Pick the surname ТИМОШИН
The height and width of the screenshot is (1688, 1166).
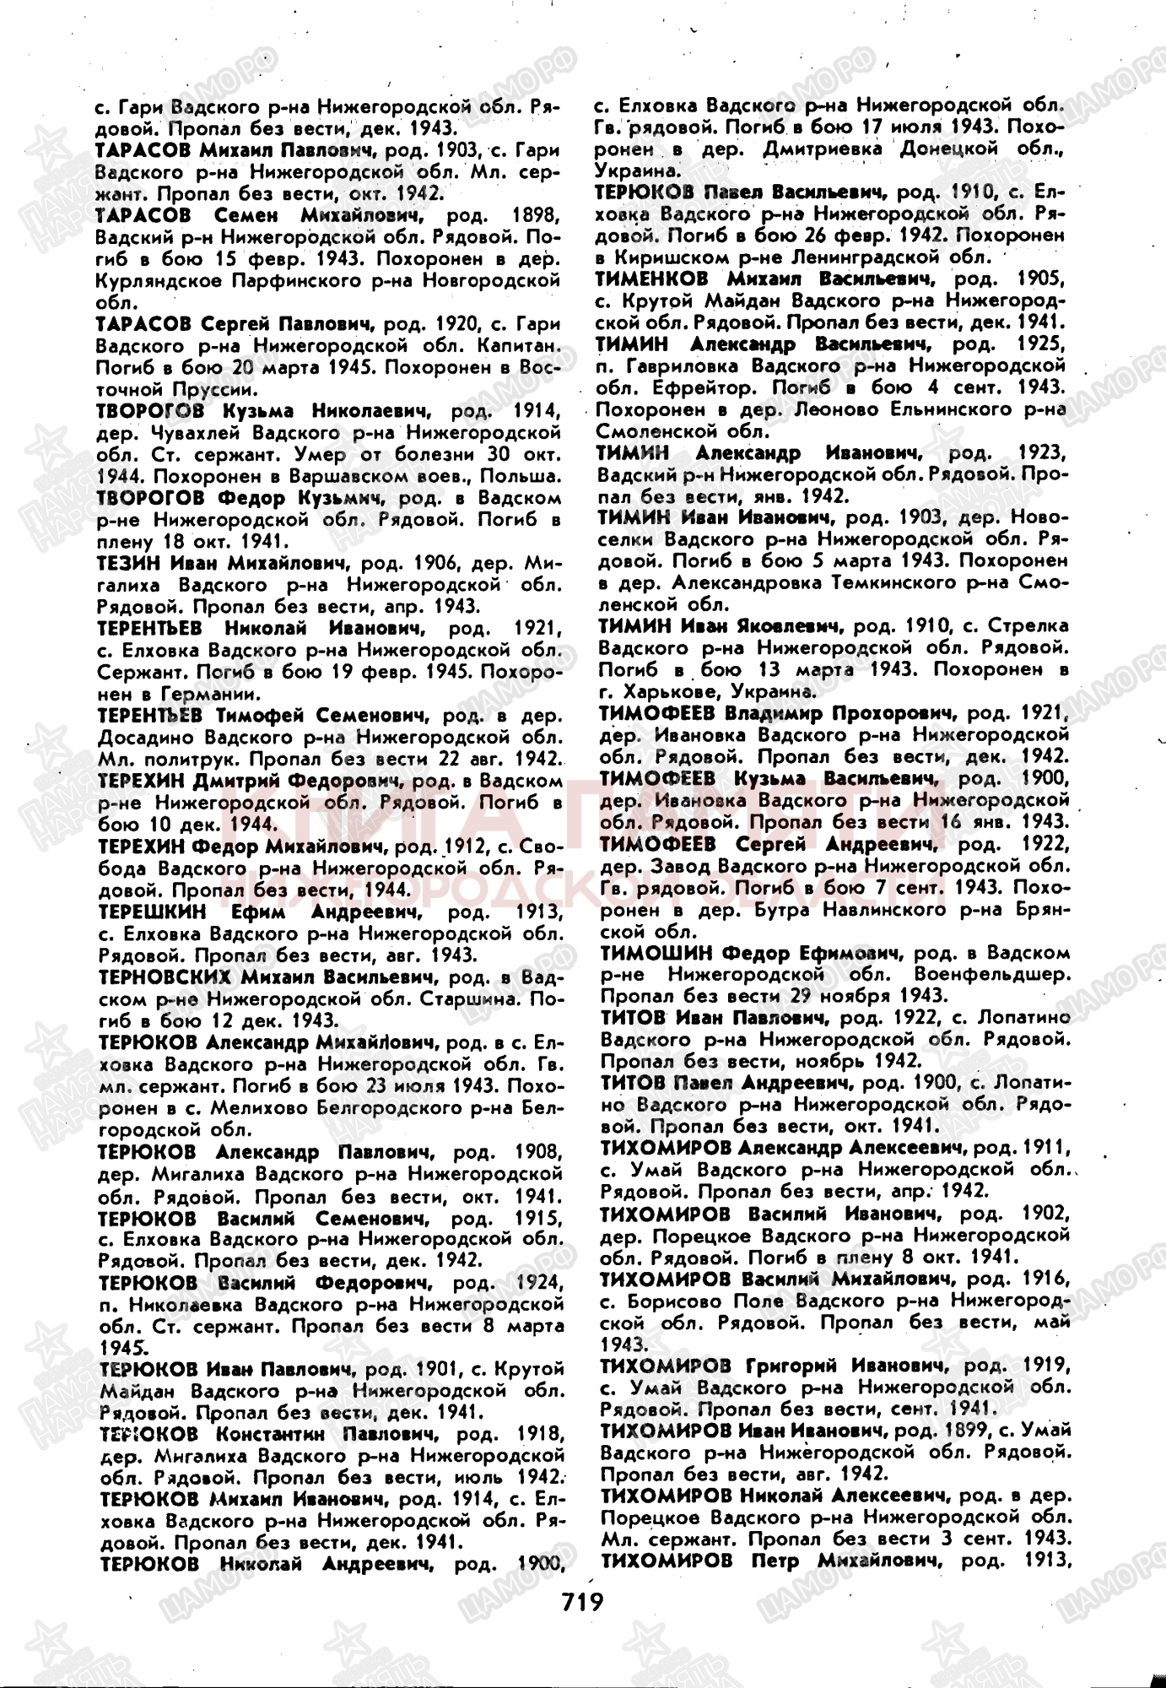click(654, 954)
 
